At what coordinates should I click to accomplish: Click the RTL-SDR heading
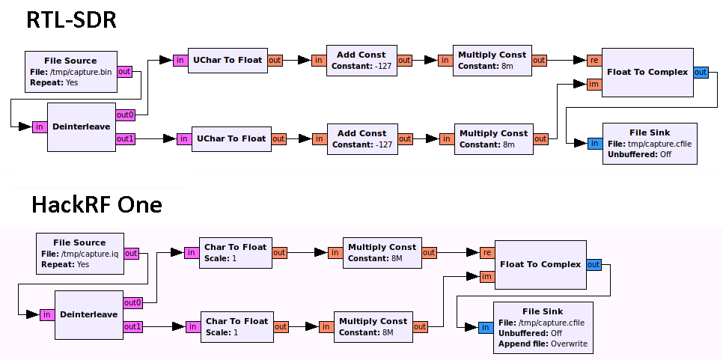71,19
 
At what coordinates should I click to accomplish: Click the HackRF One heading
96,204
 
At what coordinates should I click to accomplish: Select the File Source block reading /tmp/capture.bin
70,72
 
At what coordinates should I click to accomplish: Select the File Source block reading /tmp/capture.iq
79,253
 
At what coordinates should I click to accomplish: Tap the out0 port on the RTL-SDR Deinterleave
126,115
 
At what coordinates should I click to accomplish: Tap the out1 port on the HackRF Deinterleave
132,326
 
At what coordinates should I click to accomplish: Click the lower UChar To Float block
231,138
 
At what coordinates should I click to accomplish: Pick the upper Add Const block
361,60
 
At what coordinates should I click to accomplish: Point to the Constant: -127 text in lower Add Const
362,144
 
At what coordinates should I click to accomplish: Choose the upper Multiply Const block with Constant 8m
492,60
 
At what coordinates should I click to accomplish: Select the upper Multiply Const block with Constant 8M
382,253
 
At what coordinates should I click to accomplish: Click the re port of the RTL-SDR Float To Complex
594,60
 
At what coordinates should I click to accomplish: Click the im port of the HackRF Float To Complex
486,277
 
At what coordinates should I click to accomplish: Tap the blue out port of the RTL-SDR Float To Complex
701,72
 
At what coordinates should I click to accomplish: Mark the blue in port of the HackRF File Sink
485,327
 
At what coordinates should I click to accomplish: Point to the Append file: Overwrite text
543,344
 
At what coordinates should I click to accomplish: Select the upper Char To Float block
235,253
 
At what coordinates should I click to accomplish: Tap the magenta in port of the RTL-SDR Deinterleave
39,126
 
